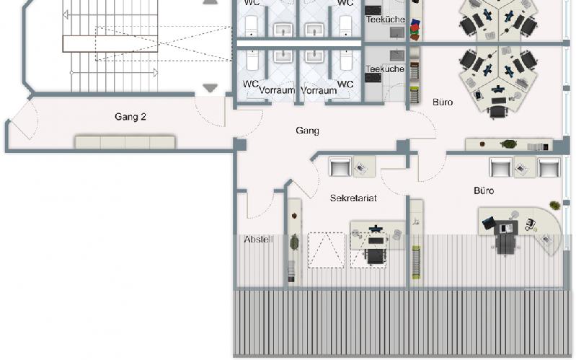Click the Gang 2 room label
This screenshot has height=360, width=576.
tap(130, 117)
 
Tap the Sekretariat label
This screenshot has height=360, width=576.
tap(353, 198)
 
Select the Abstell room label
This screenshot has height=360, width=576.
tap(259, 240)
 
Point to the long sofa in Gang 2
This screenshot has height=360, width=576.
tap(125, 142)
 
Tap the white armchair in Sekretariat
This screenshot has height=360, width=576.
tap(340, 166)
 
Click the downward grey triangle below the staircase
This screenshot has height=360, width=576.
tap(211, 88)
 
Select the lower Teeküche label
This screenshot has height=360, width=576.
tap(385, 69)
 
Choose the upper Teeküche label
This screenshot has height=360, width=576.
tap(386, 19)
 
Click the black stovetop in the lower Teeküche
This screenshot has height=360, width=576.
tap(373, 78)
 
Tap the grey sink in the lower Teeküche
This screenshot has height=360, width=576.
tap(397, 56)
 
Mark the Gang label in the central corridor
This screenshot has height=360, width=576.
tap(308, 131)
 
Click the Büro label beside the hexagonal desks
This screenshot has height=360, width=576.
tap(443, 102)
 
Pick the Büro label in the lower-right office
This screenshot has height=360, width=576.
tap(484, 190)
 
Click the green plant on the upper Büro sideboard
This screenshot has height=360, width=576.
tap(508, 144)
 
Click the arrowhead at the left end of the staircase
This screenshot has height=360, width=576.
tap(66, 15)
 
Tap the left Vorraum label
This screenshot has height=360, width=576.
tap(277, 90)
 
